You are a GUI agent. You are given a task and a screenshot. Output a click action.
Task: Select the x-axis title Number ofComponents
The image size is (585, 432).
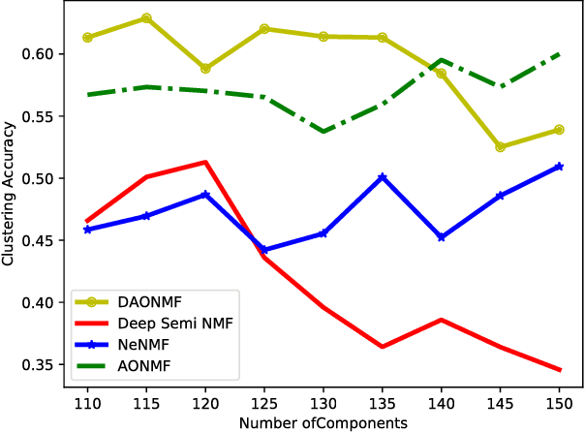click(323, 422)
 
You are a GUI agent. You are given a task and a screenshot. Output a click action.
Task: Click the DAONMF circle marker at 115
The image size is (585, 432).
click(146, 18)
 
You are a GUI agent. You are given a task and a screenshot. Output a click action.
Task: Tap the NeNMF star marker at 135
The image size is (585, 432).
click(383, 177)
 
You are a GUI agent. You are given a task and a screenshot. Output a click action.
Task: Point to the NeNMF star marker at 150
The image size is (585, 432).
click(560, 167)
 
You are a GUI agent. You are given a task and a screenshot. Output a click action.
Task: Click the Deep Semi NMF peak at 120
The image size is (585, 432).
click(205, 162)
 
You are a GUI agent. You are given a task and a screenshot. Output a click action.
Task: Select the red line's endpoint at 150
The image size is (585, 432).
click(560, 370)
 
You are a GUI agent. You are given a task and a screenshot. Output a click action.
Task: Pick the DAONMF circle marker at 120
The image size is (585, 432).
click(205, 69)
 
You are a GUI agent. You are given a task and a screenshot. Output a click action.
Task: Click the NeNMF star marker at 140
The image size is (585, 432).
click(442, 237)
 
